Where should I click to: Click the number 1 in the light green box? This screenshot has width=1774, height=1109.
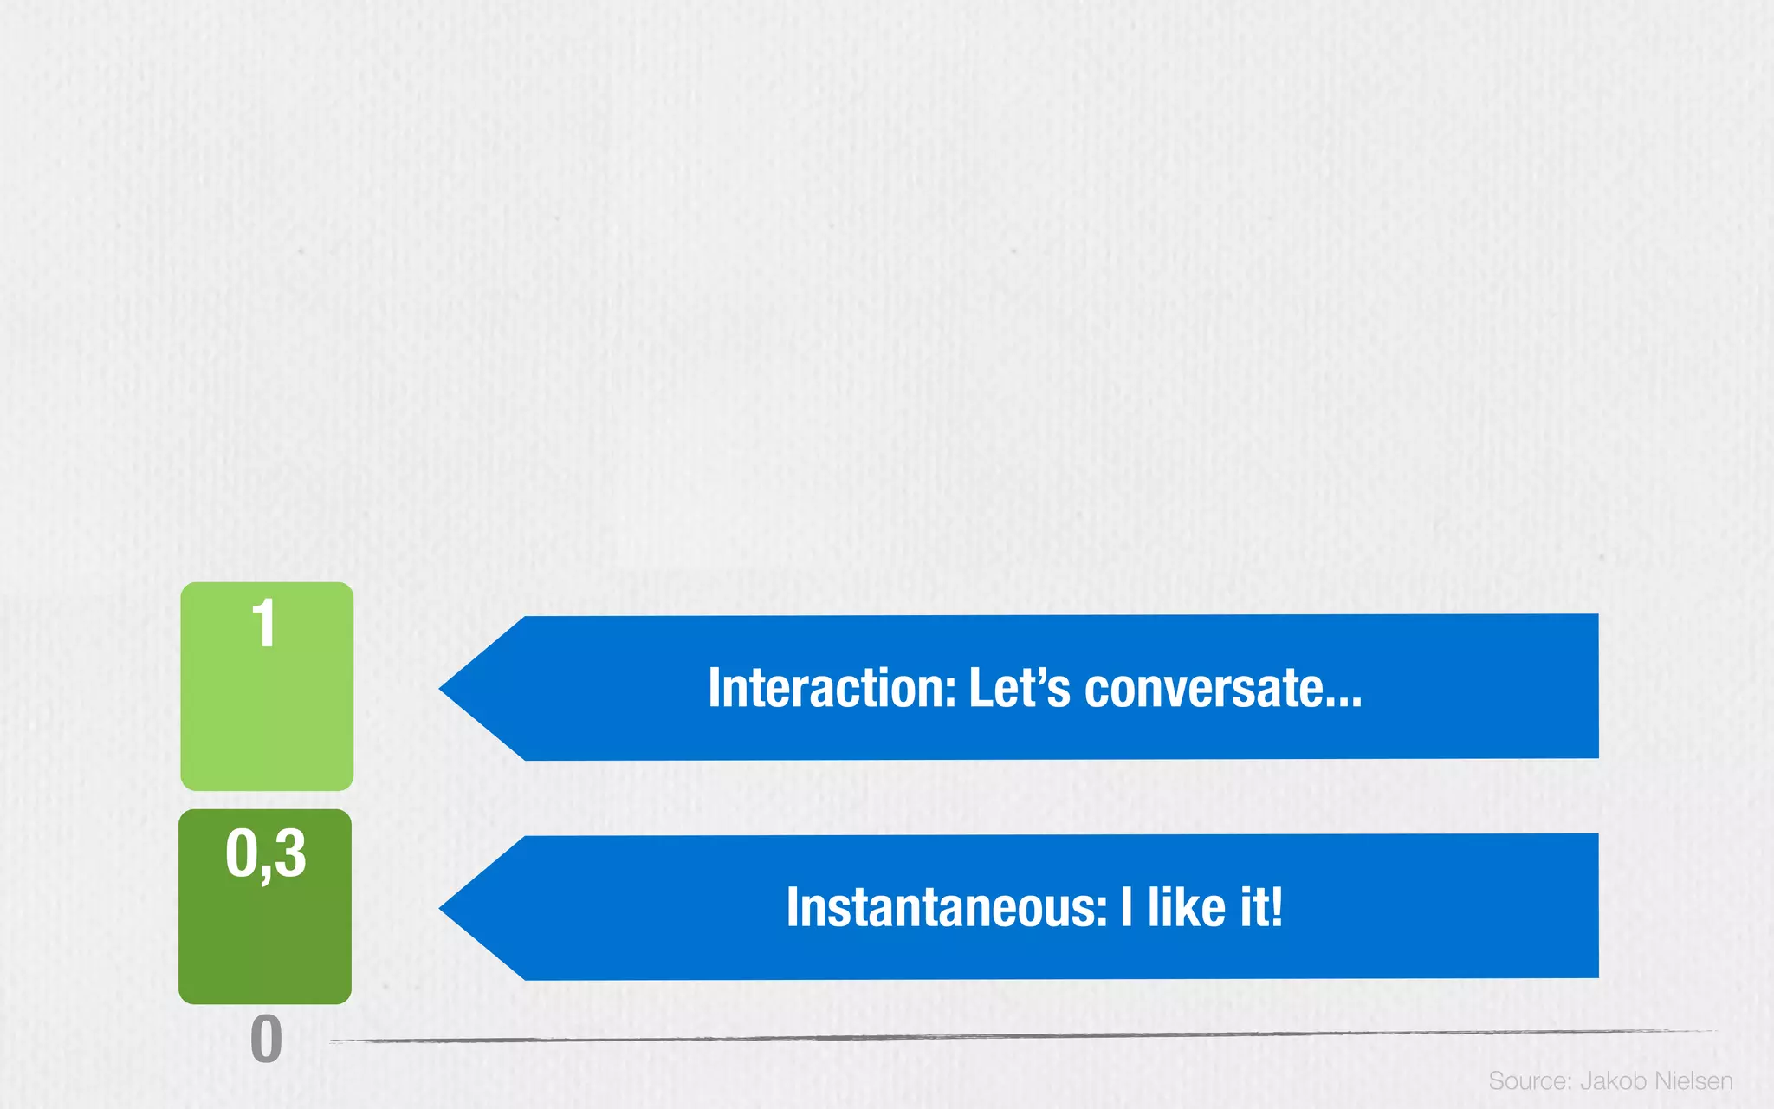click(263, 623)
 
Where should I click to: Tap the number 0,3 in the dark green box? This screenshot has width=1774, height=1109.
click(265, 853)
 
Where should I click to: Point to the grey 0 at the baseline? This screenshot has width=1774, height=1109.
click(266, 1039)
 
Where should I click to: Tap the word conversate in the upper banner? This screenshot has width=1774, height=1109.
click(1203, 690)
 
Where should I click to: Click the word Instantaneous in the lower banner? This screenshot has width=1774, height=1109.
click(945, 907)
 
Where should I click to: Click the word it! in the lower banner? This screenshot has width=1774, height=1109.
click(1261, 907)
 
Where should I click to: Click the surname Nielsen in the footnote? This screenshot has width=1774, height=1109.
click(1693, 1081)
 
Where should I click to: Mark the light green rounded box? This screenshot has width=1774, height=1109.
click(267, 710)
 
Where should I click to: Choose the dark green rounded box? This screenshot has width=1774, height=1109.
click(265, 936)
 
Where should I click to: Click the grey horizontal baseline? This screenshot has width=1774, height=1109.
click(1022, 1036)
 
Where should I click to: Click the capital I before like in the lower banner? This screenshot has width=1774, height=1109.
click(1126, 907)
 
